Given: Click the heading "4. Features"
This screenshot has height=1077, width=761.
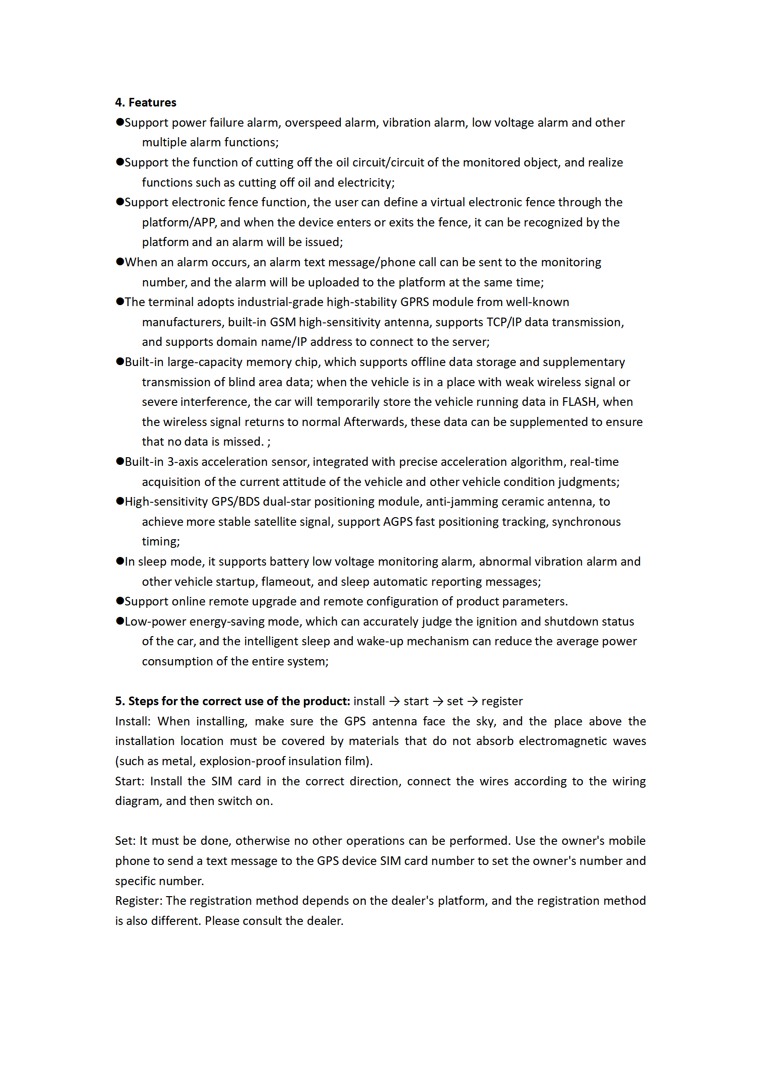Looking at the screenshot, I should click(145, 103).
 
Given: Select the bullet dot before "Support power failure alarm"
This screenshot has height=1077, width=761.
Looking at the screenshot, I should click(120, 122).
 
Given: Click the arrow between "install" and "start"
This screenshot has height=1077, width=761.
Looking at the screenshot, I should click(394, 701).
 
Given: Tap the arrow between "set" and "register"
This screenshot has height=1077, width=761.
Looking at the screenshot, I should click(472, 701).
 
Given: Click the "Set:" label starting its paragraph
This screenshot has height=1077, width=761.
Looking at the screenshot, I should click(125, 841).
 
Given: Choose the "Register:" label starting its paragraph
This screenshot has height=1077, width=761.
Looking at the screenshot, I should click(139, 901).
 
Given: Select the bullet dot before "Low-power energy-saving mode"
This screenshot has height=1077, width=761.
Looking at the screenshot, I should click(120, 621).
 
